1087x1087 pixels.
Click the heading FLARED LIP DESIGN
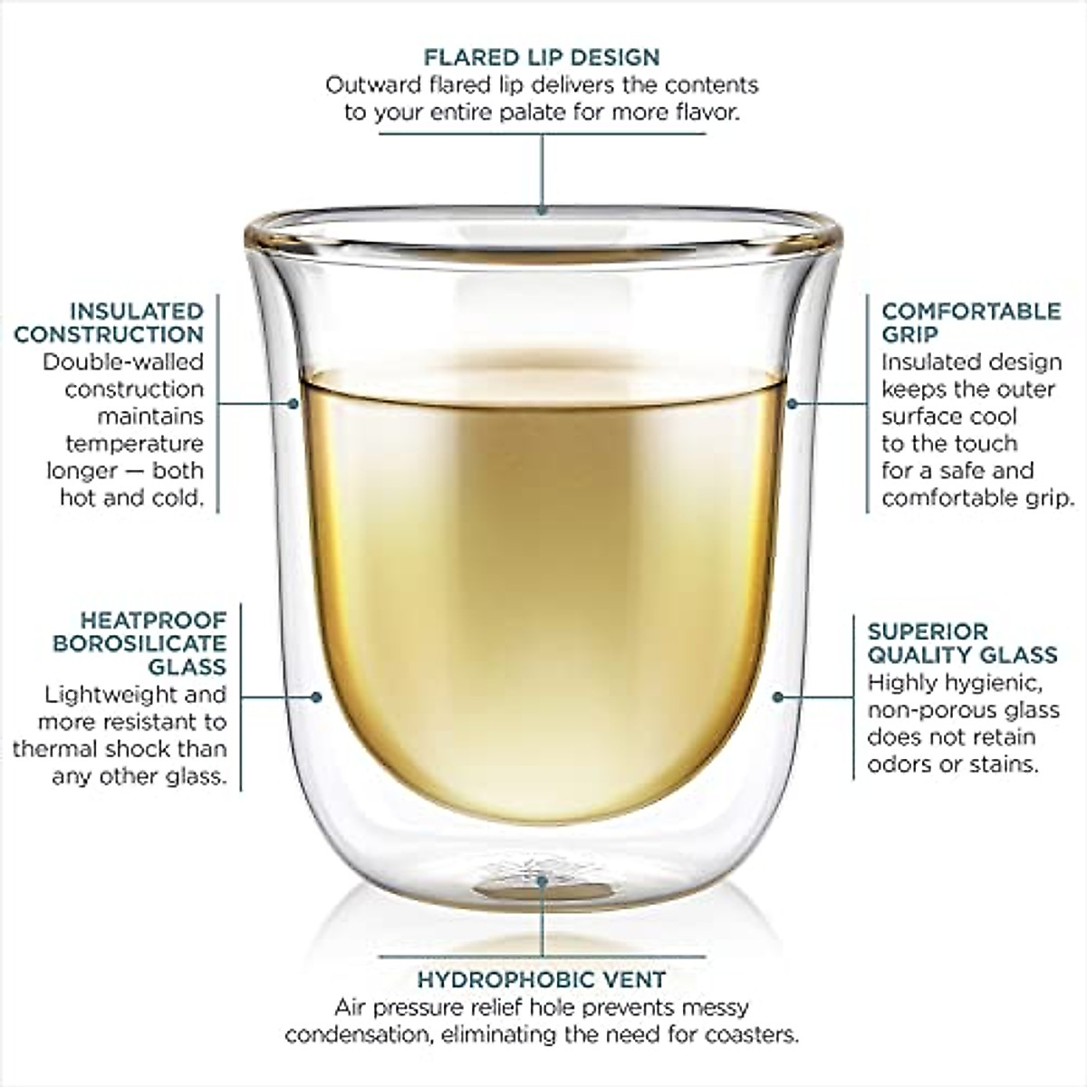542,57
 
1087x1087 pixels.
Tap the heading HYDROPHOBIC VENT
542,979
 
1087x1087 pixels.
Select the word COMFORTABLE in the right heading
971,311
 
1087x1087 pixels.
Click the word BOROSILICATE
139,643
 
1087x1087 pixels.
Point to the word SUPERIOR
915,631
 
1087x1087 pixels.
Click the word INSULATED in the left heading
137,311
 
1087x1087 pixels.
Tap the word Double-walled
123,361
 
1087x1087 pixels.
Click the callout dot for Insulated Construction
293,402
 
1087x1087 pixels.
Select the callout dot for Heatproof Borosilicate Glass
316,697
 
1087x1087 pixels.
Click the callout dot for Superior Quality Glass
777,697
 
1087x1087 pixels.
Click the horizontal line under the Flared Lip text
542,134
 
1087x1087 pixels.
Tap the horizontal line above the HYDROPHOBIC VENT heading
542,956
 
